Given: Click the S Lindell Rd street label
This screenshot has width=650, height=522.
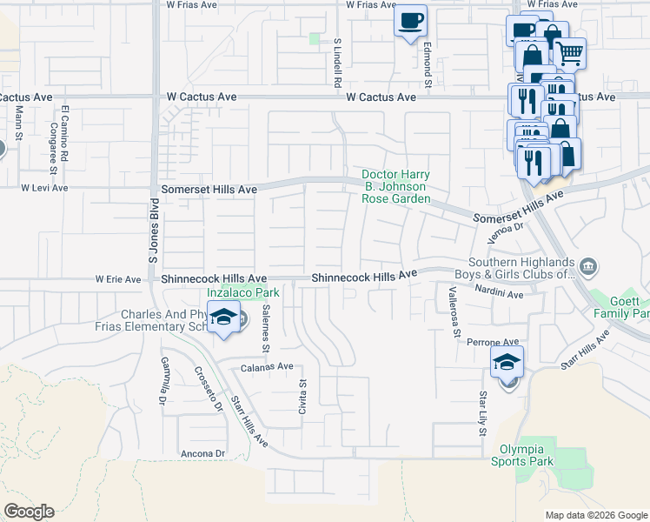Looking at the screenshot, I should [336, 63].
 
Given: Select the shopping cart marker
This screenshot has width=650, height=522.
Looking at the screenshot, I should [569, 54].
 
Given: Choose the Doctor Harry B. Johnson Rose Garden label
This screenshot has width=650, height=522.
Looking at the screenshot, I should [395, 187].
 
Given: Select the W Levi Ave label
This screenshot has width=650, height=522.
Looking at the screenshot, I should [44, 187].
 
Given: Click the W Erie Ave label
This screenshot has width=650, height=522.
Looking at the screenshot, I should [117, 279].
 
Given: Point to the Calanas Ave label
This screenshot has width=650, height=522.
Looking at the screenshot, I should [267, 367].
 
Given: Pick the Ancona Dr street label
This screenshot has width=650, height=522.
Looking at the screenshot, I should [202, 453].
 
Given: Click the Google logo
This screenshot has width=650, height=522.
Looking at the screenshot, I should [29, 511].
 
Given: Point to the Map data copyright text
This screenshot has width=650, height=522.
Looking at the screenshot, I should [595, 515].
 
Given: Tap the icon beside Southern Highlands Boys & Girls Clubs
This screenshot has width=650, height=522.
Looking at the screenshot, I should [588, 265].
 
